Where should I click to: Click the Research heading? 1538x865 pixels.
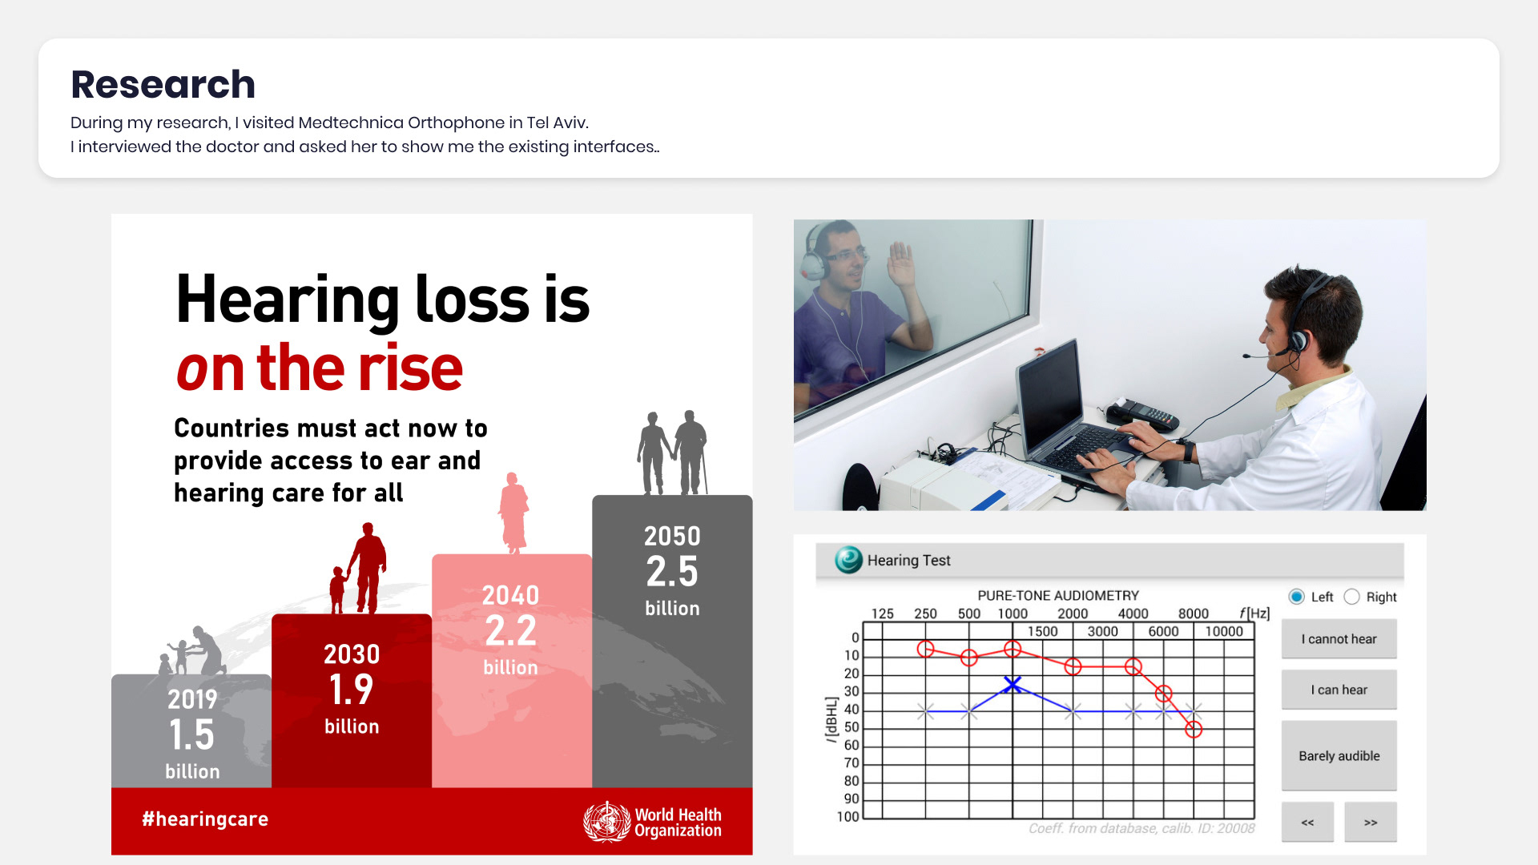pyautogui.click(x=163, y=84)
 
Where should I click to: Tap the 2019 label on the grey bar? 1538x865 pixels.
pyautogui.click(x=192, y=699)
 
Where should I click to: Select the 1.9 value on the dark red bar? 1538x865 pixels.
pyautogui.click(x=352, y=690)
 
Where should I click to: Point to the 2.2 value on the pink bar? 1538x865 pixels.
pyautogui.click(x=511, y=631)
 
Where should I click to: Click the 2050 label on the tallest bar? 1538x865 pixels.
pyautogui.click(x=672, y=536)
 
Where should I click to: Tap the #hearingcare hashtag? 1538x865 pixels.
pyautogui.click(x=205, y=819)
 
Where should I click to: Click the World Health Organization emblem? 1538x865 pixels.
pyautogui.click(x=606, y=822)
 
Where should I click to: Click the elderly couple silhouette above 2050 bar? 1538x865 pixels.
pyautogui.click(x=673, y=453)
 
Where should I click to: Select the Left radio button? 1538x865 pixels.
pyautogui.click(x=1296, y=597)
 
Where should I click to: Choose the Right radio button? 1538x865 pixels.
pyautogui.click(x=1351, y=597)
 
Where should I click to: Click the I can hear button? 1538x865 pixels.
pyautogui.click(x=1339, y=690)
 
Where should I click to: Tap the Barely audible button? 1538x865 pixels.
pyautogui.click(x=1339, y=756)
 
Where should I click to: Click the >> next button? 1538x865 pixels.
pyautogui.click(x=1371, y=823)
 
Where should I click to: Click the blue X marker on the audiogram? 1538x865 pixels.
pyautogui.click(x=1013, y=685)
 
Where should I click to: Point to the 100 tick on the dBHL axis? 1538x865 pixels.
pyautogui.click(x=848, y=817)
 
